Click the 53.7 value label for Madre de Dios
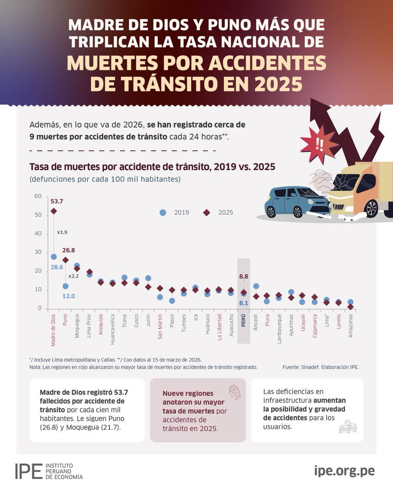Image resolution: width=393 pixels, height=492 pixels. coord(57,201)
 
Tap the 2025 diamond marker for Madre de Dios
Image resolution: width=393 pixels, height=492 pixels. coord(54,211)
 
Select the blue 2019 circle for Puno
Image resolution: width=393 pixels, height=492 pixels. coord(65,286)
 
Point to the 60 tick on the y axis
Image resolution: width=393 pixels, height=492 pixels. coord(38,196)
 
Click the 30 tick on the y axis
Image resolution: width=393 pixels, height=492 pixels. coord(38,252)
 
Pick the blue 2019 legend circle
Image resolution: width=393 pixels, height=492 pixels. coord(163,212)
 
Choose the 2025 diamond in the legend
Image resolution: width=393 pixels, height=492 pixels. coord(207,212)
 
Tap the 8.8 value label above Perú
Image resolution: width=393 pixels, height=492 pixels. coord(244,277)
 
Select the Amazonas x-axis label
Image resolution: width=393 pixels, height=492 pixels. coord(350,326)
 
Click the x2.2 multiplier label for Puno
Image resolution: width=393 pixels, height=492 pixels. coord(73,276)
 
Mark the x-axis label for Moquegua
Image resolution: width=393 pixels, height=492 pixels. coord(77,326)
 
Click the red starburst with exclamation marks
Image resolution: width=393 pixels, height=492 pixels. coord(318,143)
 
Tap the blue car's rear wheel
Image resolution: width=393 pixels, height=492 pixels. coord(271,212)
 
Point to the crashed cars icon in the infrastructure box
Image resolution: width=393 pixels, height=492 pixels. coord(348,426)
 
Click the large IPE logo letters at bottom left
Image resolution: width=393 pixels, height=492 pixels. coord(29,471)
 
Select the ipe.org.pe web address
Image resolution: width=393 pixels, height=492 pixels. coord(344,471)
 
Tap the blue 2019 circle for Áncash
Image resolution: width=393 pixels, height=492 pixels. coord(256,286)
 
